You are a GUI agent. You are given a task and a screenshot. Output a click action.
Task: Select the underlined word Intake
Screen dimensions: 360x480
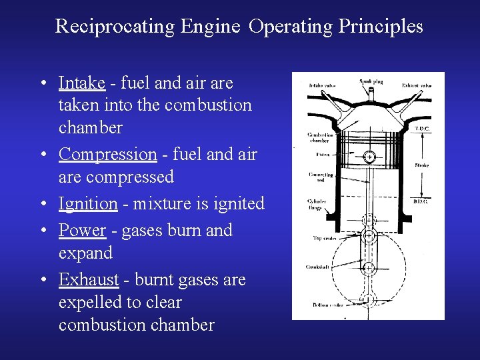coord(81,83)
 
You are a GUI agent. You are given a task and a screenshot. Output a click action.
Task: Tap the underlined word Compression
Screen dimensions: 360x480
coord(107,154)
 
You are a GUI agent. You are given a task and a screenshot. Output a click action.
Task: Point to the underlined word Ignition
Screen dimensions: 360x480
coord(88,203)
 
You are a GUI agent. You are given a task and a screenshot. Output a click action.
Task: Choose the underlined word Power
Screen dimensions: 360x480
coord(82,230)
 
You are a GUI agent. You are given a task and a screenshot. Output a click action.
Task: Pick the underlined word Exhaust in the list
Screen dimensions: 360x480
coord(88,279)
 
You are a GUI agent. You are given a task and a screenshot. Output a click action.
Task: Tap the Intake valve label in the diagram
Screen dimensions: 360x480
coord(322,85)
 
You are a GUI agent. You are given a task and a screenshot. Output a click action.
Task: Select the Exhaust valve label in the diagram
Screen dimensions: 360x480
coord(417,85)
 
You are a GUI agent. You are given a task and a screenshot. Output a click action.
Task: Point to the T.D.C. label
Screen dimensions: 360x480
coord(423,128)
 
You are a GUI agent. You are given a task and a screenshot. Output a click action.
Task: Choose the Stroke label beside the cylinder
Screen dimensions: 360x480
coord(422,165)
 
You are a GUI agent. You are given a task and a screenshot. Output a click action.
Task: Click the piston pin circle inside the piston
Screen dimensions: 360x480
coord(369,157)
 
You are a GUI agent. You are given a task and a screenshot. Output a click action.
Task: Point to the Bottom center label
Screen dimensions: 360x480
coord(325,305)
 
